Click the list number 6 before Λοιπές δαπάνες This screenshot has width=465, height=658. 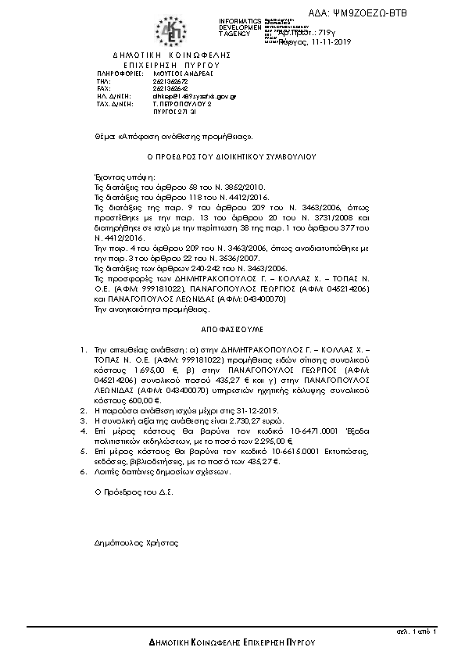84,473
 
